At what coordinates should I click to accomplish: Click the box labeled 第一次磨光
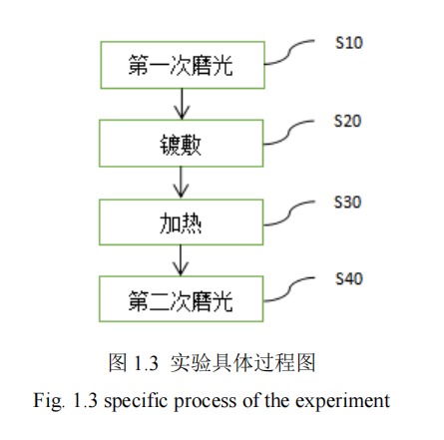point(183,65)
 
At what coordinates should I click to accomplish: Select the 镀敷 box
point(182,144)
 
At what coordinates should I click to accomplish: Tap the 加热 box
point(182,222)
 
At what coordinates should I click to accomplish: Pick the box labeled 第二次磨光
point(182,298)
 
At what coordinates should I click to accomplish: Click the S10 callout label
point(349,43)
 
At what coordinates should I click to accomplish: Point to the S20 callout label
point(347,121)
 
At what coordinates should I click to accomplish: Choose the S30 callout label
point(347,202)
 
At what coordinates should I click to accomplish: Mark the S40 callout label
point(349,278)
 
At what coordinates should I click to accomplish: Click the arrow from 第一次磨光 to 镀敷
point(182,104)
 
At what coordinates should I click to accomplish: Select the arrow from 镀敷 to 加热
point(181,183)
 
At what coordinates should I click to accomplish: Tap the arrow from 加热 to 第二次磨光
point(181,260)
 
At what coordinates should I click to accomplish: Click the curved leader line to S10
point(288,54)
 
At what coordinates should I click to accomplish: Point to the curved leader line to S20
point(288,133)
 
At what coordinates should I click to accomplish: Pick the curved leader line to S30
point(288,214)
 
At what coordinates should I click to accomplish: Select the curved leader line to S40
point(288,290)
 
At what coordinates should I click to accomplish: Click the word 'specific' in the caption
point(137,401)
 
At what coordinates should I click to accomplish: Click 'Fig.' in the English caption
point(49,400)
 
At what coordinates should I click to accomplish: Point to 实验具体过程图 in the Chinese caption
point(242,362)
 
